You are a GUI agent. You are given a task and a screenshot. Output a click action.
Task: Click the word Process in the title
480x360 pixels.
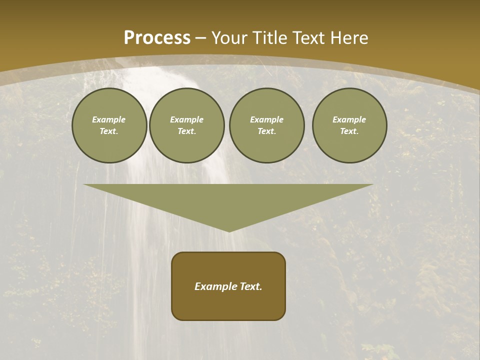tap(157, 38)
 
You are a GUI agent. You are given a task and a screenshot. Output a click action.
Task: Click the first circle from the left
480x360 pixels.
tap(109, 125)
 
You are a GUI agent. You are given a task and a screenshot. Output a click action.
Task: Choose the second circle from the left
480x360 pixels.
tap(186, 125)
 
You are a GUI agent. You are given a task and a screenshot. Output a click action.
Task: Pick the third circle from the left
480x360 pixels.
tap(266, 125)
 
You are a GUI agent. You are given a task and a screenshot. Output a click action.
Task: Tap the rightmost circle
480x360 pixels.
tap(349, 125)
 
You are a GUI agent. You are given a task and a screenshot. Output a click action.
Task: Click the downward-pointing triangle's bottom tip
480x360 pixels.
tap(229, 231)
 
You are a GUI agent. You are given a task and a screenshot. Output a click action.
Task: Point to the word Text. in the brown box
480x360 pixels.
tap(251, 286)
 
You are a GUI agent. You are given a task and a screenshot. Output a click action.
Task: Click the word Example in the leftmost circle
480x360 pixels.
tap(109, 119)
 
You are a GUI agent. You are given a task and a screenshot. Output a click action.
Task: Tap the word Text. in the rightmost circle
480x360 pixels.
tap(349, 131)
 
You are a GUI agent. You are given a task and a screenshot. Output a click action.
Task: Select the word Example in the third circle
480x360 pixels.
tap(266, 119)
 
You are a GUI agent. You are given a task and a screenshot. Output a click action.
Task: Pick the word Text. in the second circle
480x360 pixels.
tap(186, 131)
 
